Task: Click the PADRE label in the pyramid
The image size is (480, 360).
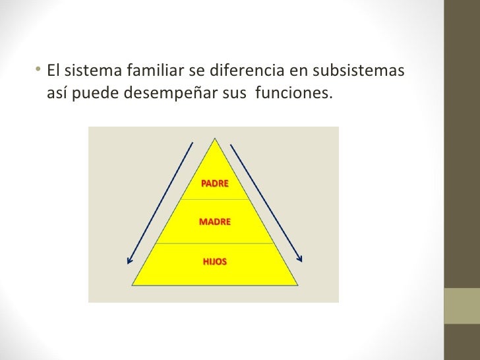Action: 214,183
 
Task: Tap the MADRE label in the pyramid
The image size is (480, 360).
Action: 214,222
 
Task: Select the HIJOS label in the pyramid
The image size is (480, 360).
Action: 214,262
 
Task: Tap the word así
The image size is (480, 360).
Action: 58,93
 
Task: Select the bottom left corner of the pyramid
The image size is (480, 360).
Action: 133,285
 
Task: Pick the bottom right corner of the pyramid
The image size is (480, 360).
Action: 297,285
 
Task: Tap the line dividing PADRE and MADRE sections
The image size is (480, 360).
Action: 214,199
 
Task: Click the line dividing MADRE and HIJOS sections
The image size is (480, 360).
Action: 214,243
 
